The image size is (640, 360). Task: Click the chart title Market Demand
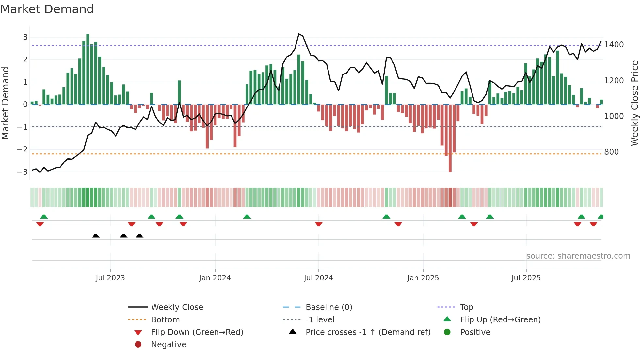pyautogui.click(x=47, y=9)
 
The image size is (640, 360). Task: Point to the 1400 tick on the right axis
pyautogui.click(x=614, y=45)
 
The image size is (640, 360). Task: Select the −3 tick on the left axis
pyautogui.click(x=22, y=172)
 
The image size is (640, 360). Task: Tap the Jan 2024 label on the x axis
pyautogui.click(x=215, y=278)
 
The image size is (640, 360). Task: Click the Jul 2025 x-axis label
pyautogui.click(x=526, y=278)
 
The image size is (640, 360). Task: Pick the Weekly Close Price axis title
pyautogui.click(x=634, y=103)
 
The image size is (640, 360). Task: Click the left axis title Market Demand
pyautogui.click(x=6, y=103)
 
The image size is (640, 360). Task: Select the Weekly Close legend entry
pyautogui.click(x=177, y=307)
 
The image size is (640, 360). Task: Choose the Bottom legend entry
pyautogui.click(x=165, y=320)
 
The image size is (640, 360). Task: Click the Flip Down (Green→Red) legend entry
pyautogui.click(x=197, y=332)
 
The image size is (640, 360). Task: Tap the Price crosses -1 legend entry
pyautogui.click(x=368, y=332)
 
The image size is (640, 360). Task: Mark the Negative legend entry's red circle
pyautogui.click(x=138, y=345)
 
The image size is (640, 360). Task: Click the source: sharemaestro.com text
pyautogui.click(x=578, y=256)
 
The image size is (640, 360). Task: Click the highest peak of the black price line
pyautogui.click(x=299, y=34)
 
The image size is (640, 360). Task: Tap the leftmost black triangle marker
pyautogui.click(x=96, y=236)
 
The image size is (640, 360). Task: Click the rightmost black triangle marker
pyautogui.click(x=139, y=236)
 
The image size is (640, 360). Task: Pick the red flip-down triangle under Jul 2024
pyautogui.click(x=319, y=224)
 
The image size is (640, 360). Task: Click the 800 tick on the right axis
pyautogui.click(x=611, y=152)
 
